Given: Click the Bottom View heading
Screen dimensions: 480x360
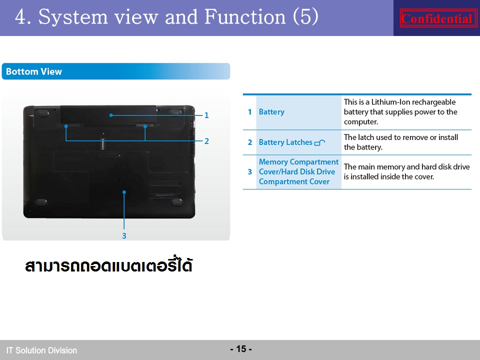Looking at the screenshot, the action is (34, 71).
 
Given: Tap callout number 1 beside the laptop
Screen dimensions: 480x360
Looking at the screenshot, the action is (206, 115).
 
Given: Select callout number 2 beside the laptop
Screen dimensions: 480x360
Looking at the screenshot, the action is (206, 141).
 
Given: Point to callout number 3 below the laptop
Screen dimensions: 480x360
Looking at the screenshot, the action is (124, 236).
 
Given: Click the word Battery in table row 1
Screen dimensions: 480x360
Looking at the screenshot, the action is (271, 112).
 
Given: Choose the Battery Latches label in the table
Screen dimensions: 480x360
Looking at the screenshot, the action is (285, 142).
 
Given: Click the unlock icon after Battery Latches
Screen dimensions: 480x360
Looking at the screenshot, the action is (319, 142).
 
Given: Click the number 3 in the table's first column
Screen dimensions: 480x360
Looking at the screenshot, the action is (250, 171).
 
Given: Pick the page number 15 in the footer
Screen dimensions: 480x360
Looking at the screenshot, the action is (241, 349).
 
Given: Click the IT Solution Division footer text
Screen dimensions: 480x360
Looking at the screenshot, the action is (41, 350).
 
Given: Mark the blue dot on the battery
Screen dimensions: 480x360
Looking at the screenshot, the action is (111, 115).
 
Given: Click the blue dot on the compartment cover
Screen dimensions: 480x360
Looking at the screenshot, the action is (124, 192).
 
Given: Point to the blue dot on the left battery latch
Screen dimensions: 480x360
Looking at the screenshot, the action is (66, 126).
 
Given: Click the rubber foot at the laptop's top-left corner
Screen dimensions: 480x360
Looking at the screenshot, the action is (42, 113).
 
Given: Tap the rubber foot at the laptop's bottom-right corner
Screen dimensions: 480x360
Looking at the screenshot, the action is (177, 202).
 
